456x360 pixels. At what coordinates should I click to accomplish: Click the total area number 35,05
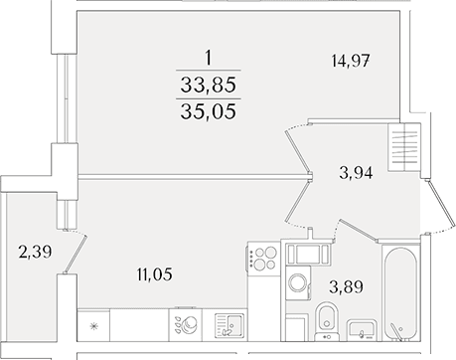(x=209, y=110)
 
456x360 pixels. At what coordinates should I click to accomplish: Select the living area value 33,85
(x=209, y=85)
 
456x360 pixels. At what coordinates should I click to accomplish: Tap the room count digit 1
(x=208, y=58)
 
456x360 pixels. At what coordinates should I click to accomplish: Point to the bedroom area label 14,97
(x=351, y=61)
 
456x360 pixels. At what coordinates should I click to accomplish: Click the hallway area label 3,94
(x=356, y=173)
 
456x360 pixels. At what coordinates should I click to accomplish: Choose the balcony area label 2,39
(x=35, y=252)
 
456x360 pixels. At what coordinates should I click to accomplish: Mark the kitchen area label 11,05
(x=155, y=274)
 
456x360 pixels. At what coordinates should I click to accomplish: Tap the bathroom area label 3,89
(x=346, y=286)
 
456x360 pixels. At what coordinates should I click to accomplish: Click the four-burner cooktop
(x=264, y=259)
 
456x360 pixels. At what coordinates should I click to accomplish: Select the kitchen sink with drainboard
(x=229, y=326)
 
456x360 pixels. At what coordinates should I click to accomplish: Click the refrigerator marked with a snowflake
(x=93, y=326)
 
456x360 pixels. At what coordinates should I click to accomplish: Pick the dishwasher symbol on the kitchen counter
(x=186, y=325)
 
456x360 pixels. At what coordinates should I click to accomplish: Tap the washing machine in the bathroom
(x=298, y=282)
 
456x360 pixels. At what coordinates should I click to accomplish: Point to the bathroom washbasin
(x=362, y=329)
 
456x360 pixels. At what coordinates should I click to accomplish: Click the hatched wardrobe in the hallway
(x=404, y=147)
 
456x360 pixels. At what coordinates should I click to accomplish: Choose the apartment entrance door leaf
(x=440, y=205)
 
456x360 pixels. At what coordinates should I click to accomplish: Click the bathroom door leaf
(x=359, y=230)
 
